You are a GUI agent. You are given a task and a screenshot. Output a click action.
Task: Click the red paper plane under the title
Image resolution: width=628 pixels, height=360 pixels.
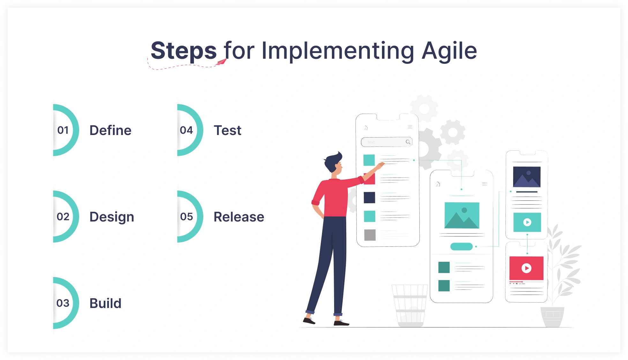221,62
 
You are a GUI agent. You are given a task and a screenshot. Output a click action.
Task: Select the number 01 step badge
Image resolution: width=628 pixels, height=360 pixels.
63,130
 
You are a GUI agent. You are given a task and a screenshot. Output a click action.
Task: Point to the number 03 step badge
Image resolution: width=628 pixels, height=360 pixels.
63,303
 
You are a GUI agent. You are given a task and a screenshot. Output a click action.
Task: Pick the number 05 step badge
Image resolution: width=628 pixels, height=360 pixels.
187,217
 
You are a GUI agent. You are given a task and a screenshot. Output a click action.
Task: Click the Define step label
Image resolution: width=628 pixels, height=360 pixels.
110,131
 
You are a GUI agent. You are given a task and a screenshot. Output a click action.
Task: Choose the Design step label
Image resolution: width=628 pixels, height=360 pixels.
112,217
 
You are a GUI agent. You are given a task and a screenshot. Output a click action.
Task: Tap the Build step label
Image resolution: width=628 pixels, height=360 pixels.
105,303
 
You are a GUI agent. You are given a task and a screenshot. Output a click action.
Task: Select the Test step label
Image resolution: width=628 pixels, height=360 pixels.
228,131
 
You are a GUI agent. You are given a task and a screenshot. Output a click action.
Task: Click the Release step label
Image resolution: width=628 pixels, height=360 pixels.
239,217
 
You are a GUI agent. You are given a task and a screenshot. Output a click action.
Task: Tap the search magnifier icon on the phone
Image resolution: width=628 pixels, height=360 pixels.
408,142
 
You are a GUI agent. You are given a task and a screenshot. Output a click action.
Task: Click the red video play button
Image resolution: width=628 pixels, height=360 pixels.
527,268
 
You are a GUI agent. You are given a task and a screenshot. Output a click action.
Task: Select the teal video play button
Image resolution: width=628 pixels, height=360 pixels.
527,222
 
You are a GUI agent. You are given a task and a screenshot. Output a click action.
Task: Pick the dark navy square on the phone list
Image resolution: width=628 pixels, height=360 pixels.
370,198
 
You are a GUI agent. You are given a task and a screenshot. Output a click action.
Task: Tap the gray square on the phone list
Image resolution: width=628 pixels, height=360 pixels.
370,235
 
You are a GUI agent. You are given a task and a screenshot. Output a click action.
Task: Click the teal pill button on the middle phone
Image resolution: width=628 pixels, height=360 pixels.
461,246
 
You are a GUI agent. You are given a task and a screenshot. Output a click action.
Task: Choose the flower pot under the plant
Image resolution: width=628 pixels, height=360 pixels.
552,316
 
